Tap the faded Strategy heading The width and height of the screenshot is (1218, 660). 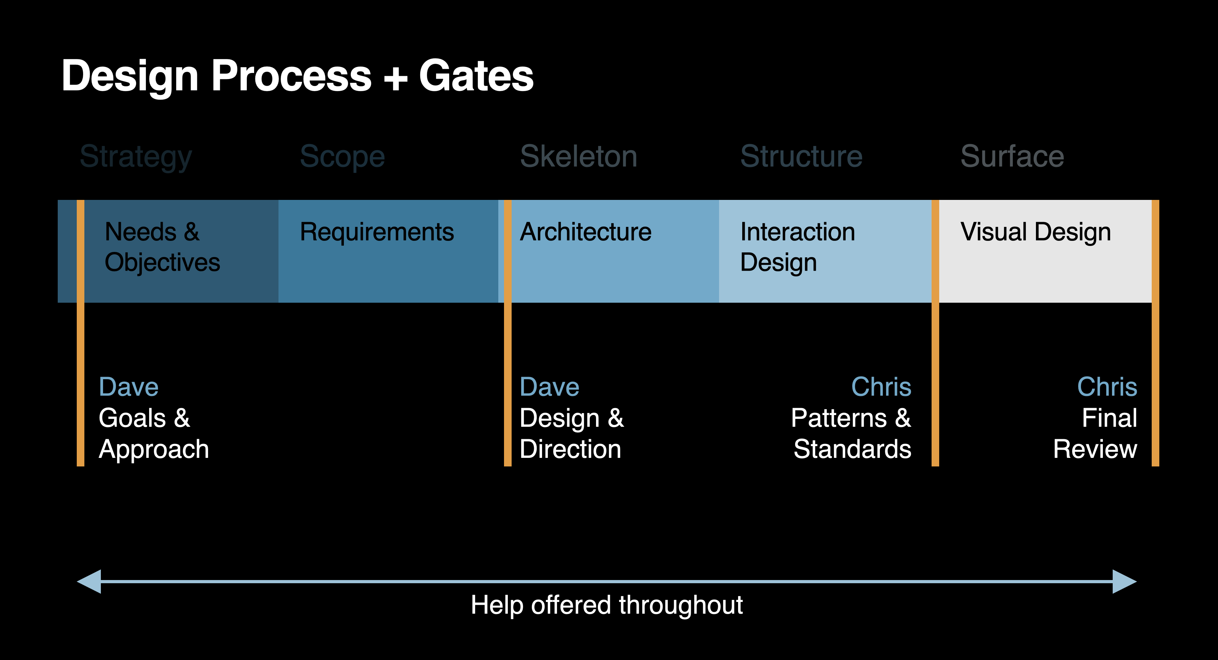(x=136, y=157)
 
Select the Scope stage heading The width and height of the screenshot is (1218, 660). (x=342, y=157)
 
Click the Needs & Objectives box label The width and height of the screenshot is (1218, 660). (x=162, y=247)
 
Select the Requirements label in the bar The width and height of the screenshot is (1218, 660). (x=377, y=232)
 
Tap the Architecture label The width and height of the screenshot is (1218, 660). (x=585, y=232)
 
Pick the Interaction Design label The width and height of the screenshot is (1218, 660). (x=798, y=247)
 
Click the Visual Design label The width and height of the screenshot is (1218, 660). (x=1036, y=232)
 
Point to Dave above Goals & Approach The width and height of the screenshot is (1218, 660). (x=128, y=387)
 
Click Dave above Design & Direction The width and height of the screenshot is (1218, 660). (x=549, y=387)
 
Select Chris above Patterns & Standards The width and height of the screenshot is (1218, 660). (x=881, y=387)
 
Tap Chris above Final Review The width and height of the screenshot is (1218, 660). (x=1107, y=387)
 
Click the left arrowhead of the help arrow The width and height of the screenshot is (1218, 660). (x=90, y=581)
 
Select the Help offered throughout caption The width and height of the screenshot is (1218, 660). (x=607, y=605)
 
